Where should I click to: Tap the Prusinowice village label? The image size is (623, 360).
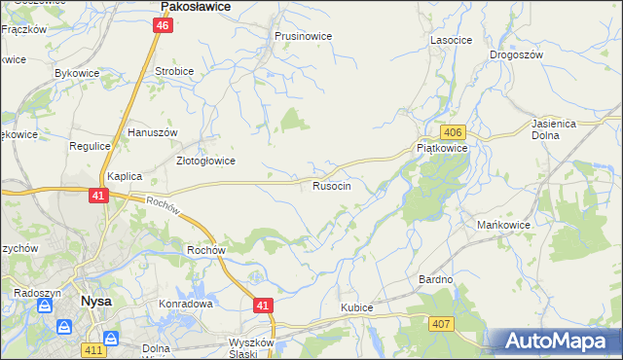coord(303,36)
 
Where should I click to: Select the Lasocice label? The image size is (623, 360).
coord(451,40)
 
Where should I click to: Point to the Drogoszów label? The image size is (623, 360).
coord(515,55)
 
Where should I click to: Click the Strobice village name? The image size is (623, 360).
coord(174,71)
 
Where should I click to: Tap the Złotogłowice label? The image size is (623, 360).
coord(204,161)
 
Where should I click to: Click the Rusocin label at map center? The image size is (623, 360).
coord(331,185)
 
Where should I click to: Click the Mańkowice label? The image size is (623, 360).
coord(502,226)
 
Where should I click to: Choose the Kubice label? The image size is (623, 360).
coord(356,307)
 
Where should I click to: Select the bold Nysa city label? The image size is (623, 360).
coord(95,302)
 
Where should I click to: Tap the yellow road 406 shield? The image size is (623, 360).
coord(452,132)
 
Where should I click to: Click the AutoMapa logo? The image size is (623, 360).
coord(555,341)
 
